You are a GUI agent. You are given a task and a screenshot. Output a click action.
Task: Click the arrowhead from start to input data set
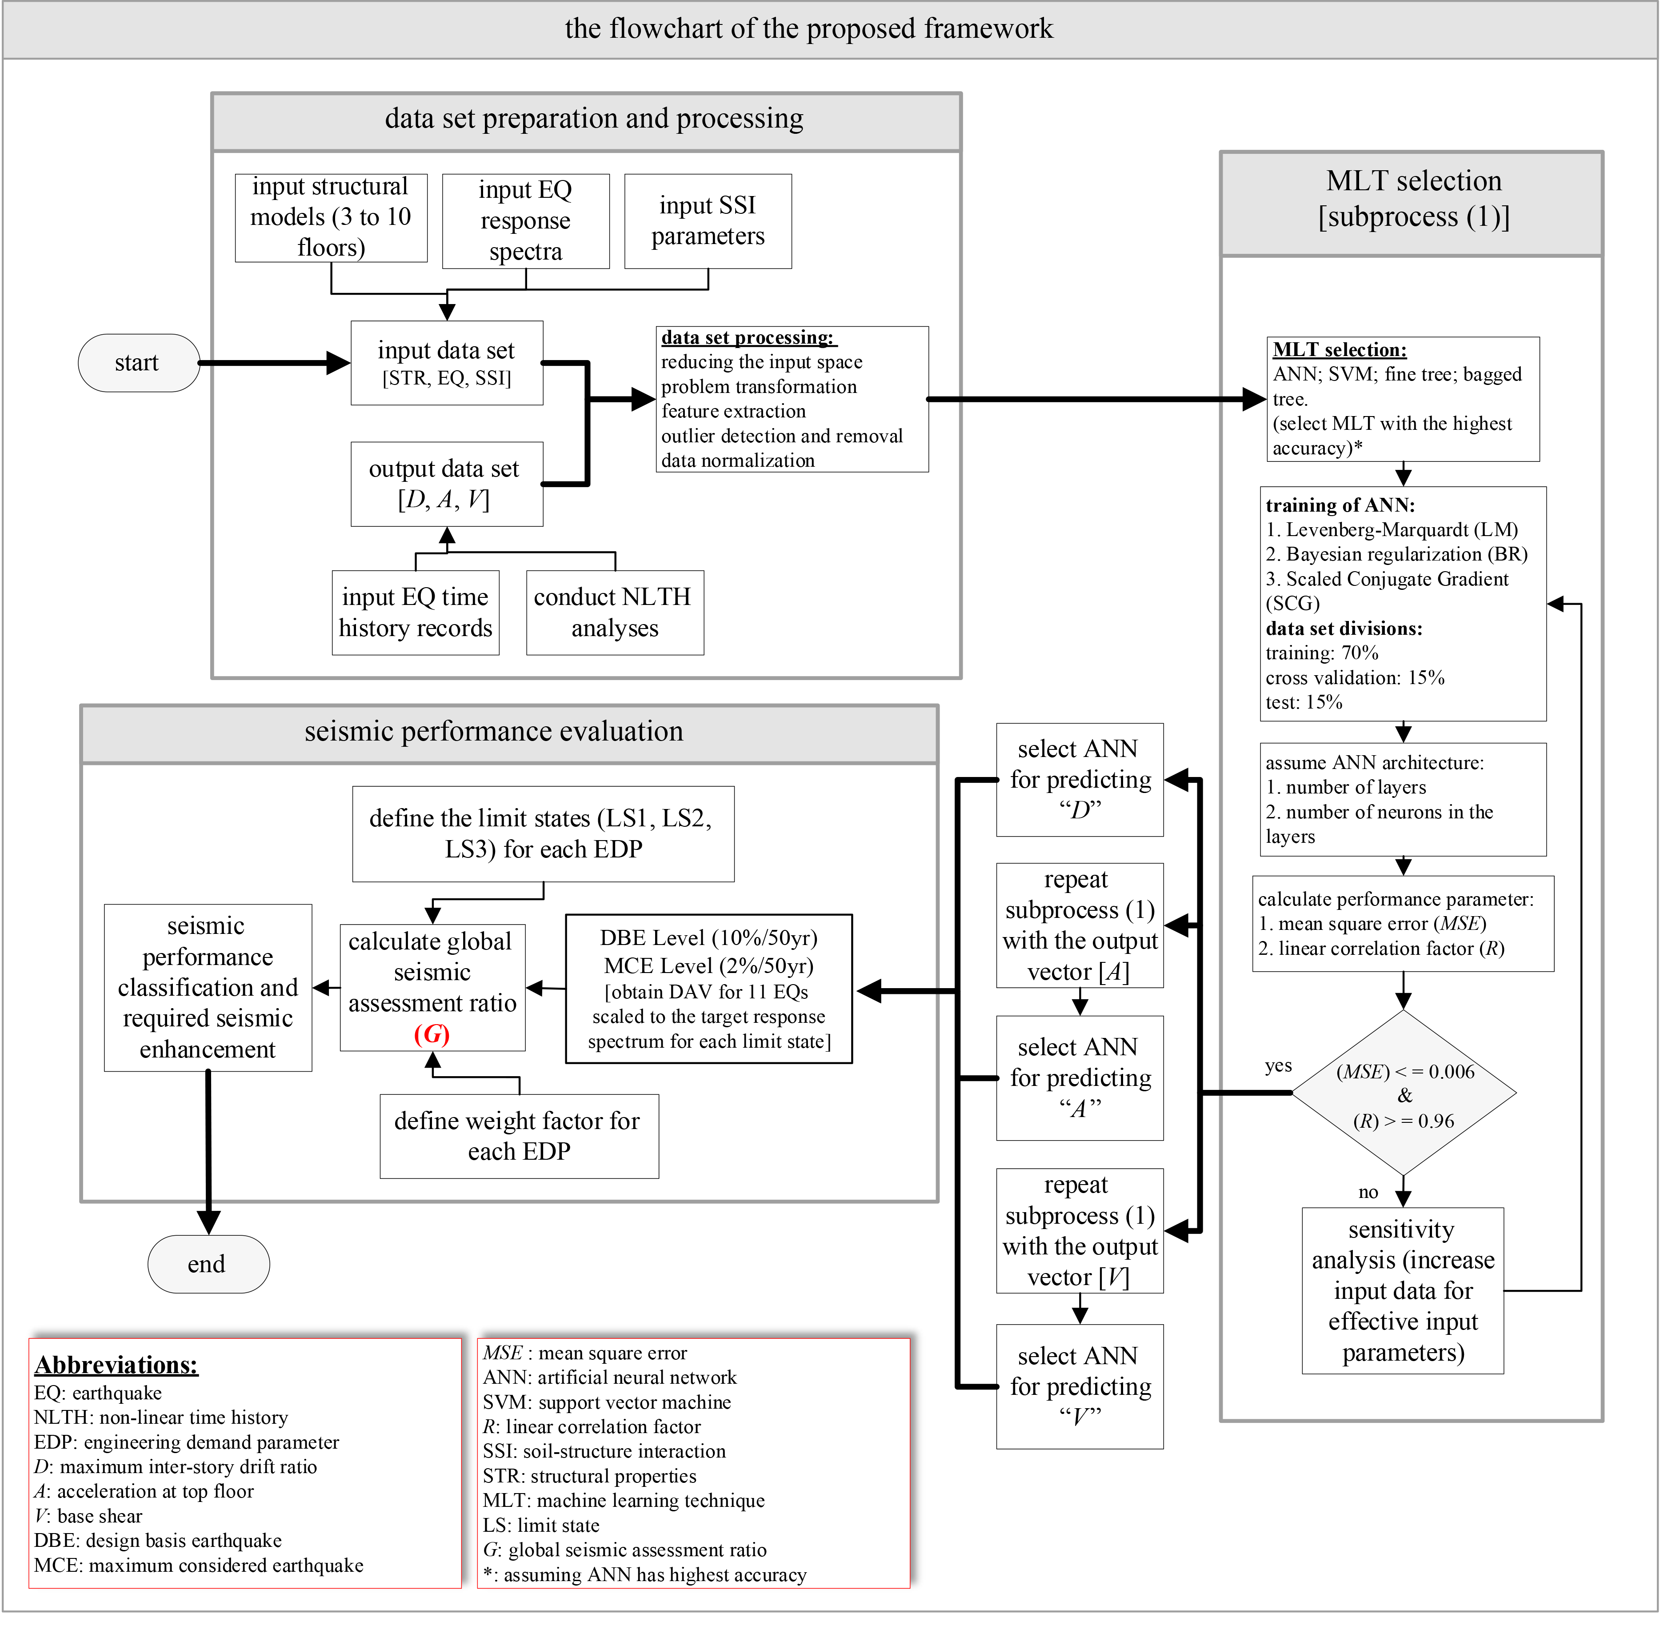pyautogui.click(x=341, y=367)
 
